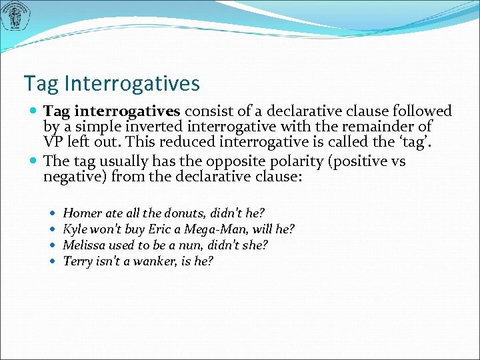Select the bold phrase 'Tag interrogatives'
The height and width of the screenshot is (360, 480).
pos(113,111)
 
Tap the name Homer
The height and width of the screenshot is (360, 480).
pos(80,213)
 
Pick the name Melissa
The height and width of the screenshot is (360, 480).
pos(81,245)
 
